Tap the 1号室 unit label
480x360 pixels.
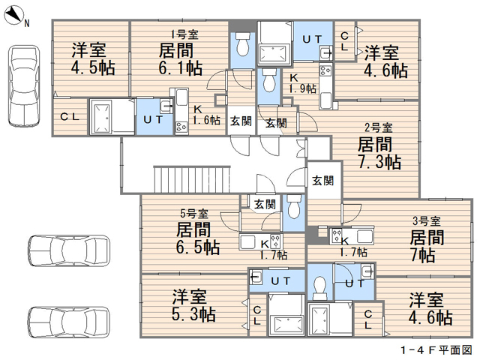(x=184, y=34)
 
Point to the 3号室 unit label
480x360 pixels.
(x=426, y=220)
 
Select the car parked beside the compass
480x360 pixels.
(x=22, y=85)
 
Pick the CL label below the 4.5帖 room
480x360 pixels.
(x=70, y=116)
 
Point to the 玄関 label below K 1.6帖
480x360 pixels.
(x=240, y=121)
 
